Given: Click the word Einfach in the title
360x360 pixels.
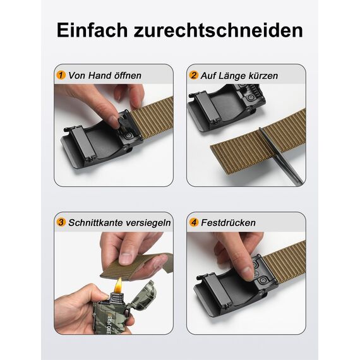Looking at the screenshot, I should coord(93,30).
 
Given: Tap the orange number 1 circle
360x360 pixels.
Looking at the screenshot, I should coord(61,75).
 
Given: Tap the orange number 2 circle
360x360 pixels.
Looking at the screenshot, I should coord(194,75).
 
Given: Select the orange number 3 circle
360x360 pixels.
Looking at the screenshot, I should coord(61,222).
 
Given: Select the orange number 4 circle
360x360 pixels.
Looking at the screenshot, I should coord(194,222).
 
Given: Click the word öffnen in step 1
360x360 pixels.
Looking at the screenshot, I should coord(125,75).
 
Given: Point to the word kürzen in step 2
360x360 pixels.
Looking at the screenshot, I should coord(261,75).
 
